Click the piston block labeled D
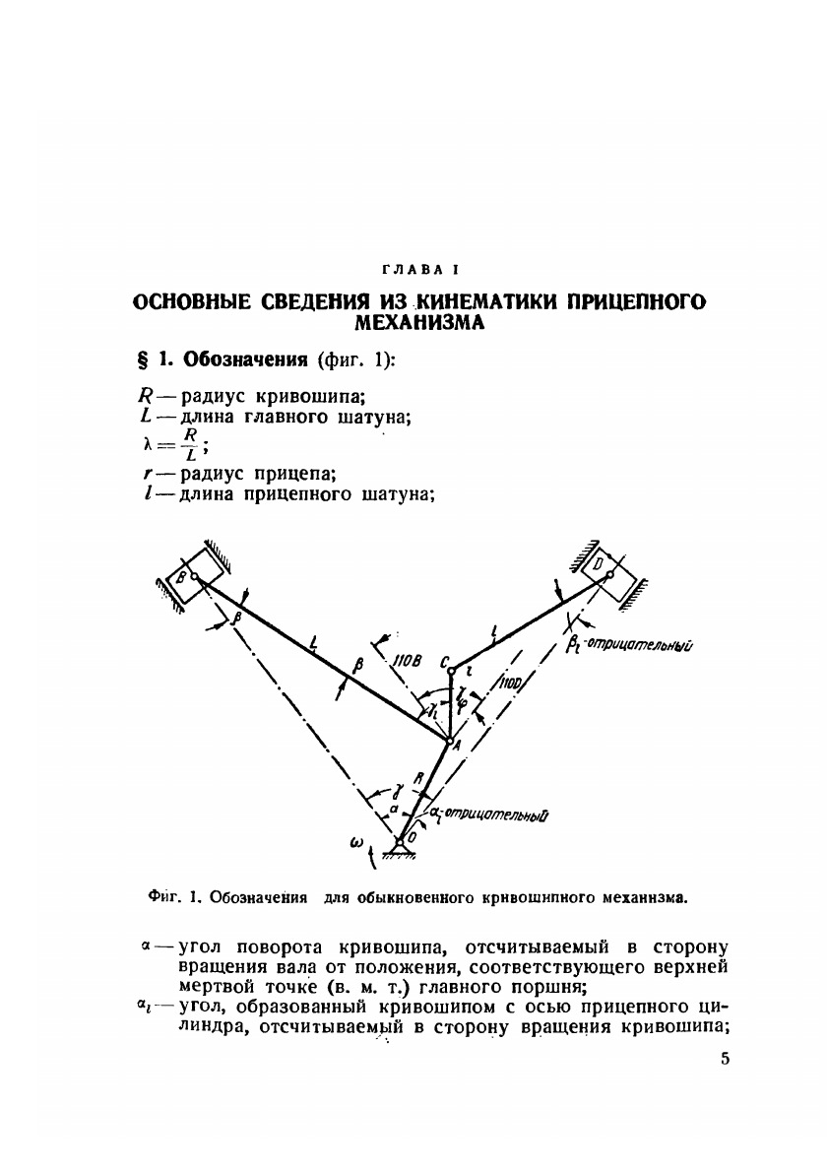604,568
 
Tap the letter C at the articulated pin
445,661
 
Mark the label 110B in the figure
407,661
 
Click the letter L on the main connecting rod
311,645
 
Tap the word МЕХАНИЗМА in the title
420,323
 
